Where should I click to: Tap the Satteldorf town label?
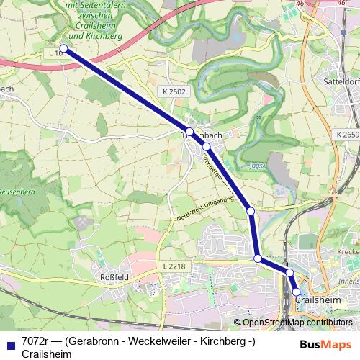[x=342, y=81]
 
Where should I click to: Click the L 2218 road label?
[x=175, y=266]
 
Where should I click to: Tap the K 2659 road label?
[x=347, y=135]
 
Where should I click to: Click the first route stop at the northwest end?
[x=63, y=48]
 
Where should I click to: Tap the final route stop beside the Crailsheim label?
[x=296, y=292]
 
